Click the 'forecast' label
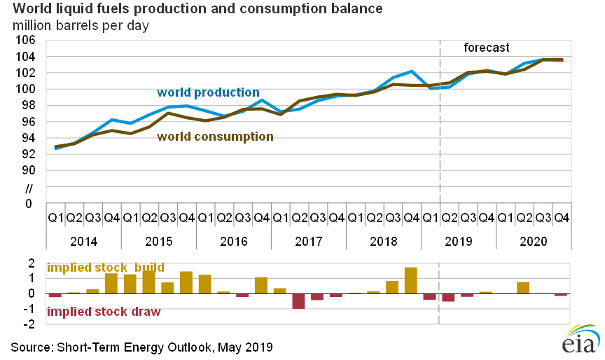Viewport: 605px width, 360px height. pyautogui.click(x=487, y=48)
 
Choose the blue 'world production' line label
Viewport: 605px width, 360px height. pyautogui.click(x=208, y=92)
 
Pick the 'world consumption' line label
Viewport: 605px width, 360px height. pyautogui.click(x=216, y=137)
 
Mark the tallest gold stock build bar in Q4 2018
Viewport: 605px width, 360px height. pyautogui.click(x=411, y=280)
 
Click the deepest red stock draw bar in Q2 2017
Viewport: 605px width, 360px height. pyautogui.click(x=298, y=301)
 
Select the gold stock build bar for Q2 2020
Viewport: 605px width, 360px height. pyautogui.click(x=523, y=287)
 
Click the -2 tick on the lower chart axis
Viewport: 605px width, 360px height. pyautogui.click(x=31, y=324)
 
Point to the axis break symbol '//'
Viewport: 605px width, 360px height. pyautogui.click(x=29, y=188)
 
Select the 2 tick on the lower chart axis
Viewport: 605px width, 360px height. pyautogui.click(x=32, y=263)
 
